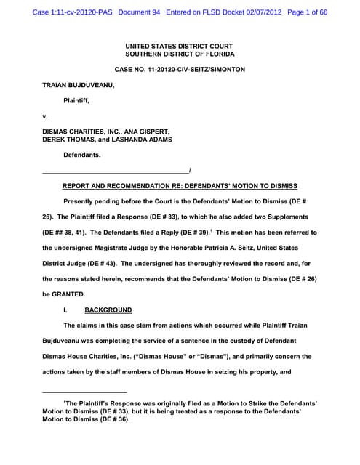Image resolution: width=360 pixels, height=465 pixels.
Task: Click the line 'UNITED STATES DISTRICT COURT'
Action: [x=180, y=46]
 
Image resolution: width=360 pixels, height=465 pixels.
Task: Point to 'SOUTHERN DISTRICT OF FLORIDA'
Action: [x=180, y=54]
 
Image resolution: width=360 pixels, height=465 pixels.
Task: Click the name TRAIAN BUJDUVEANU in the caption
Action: [x=78, y=85]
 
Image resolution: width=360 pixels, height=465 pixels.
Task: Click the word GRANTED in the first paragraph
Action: [x=69, y=294]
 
